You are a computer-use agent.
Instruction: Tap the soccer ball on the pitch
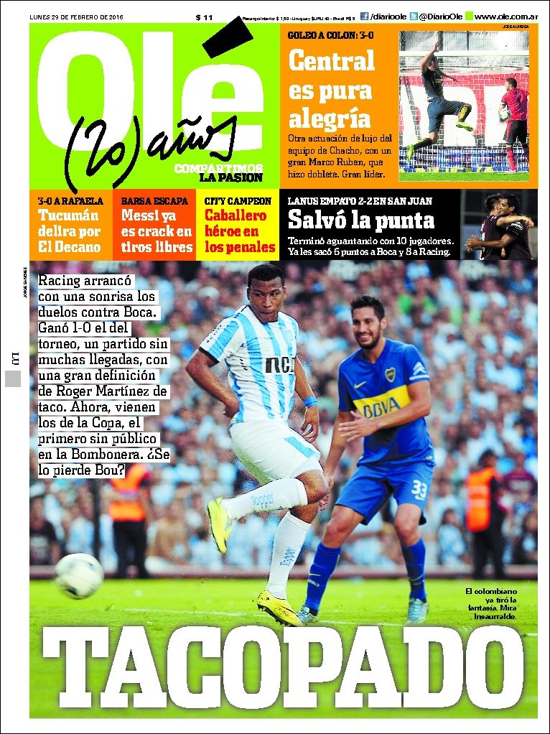click(x=79, y=575)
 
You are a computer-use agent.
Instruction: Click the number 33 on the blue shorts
click(x=419, y=491)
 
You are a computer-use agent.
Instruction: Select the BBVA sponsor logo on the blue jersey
click(x=381, y=407)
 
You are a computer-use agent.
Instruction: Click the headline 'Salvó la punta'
click(x=360, y=220)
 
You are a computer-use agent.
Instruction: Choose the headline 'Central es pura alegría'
click(x=331, y=89)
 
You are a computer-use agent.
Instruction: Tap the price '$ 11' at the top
click(x=204, y=17)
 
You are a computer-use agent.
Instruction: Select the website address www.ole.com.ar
click(x=505, y=17)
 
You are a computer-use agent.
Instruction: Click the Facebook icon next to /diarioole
click(x=364, y=16)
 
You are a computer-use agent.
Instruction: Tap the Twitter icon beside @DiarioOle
click(x=413, y=16)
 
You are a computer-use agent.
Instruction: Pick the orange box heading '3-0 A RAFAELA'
click(x=70, y=201)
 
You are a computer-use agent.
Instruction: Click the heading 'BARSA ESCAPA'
click(x=154, y=201)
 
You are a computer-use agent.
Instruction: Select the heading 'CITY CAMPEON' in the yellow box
click(x=238, y=201)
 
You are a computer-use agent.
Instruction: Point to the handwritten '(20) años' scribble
click(x=151, y=143)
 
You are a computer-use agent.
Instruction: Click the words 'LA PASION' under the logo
click(x=230, y=177)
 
